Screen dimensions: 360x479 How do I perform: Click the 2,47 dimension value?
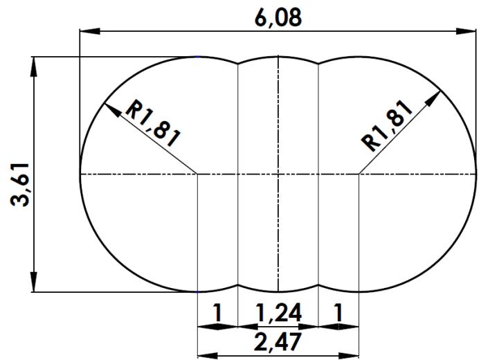point(278,341)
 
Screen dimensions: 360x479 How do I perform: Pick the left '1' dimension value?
point(217,313)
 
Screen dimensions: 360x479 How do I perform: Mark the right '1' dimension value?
point(338,313)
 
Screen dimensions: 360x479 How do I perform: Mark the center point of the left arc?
point(199,174)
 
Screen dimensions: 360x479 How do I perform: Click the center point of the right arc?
point(359,174)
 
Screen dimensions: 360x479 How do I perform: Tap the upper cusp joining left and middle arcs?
point(238,64)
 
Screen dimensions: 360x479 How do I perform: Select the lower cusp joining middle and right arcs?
point(318,285)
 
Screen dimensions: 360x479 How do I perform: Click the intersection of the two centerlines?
point(278,174)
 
